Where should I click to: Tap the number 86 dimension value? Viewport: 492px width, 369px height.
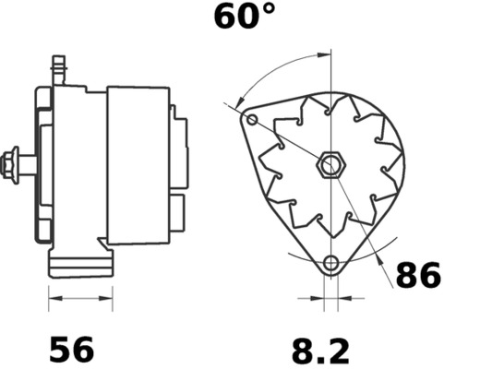pos(418,275)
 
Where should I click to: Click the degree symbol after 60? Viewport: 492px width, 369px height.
pos(269,11)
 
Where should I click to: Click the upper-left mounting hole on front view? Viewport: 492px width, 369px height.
pos(251,120)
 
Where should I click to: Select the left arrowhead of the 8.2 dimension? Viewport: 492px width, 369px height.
pos(319,299)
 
